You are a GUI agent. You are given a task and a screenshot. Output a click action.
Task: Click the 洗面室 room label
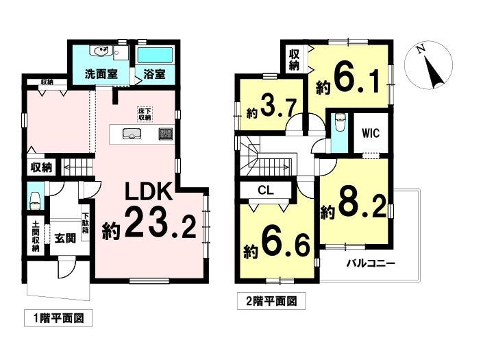(x=101, y=74)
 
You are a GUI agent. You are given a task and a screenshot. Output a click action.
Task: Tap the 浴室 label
(x=154, y=74)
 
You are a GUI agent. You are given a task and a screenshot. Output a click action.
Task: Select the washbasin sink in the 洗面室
(x=100, y=51)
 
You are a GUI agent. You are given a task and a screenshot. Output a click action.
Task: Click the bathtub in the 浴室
(x=156, y=56)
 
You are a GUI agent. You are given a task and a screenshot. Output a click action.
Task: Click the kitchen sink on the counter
(x=132, y=134)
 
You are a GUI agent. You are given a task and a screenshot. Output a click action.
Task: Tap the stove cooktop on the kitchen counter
(x=166, y=134)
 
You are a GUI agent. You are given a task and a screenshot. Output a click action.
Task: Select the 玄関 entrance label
(x=65, y=238)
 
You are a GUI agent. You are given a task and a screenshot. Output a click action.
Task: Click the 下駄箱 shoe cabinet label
(x=86, y=223)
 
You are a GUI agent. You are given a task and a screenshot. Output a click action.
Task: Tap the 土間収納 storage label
(x=36, y=235)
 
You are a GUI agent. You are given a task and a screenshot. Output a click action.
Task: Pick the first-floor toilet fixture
(x=34, y=202)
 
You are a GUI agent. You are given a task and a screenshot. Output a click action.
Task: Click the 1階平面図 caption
(x=58, y=317)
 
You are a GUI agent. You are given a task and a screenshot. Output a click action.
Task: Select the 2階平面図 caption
(x=271, y=300)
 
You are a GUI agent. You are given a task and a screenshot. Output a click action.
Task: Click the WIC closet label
(x=371, y=133)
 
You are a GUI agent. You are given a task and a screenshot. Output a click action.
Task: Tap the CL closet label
(x=266, y=190)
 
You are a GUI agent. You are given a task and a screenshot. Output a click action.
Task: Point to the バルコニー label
(x=371, y=264)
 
